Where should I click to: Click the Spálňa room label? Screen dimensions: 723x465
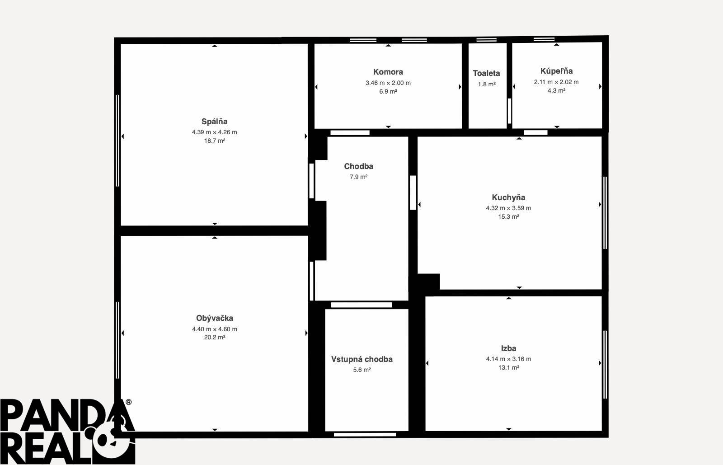click(x=214, y=121)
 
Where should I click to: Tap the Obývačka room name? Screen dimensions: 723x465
click(x=215, y=318)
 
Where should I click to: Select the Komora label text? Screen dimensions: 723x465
click(x=388, y=72)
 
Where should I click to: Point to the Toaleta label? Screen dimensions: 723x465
click(x=486, y=73)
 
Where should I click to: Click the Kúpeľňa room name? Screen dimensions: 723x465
click(x=556, y=70)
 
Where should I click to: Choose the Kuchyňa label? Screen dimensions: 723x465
click(x=508, y=197)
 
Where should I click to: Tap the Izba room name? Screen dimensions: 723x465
click(x=508, y=348)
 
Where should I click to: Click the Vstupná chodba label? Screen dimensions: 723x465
click(x=362, y=359)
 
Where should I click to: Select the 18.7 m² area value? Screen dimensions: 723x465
click(x=215, y=141)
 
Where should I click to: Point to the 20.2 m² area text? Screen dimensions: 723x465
click(x=215, y=337)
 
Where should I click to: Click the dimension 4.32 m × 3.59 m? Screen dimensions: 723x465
click(x=508, y=208)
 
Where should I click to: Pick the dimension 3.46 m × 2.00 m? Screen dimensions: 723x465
click(x=388, y=83)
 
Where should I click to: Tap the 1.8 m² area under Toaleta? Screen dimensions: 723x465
click(x=487, y=84)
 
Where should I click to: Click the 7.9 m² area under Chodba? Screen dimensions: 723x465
click(x=359, y=177)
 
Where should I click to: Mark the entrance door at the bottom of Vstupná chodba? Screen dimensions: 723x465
click(x=365, y=435)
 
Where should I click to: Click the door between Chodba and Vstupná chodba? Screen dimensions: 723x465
click(x=361, y=305)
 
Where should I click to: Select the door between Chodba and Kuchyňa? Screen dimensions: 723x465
click(x=413, y=193)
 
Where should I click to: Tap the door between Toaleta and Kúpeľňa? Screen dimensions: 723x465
click(x=509, y=111)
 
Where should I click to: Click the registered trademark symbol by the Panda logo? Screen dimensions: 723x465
click(x=128, y=402)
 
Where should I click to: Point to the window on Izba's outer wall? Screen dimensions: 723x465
click(x=605, y=365)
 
